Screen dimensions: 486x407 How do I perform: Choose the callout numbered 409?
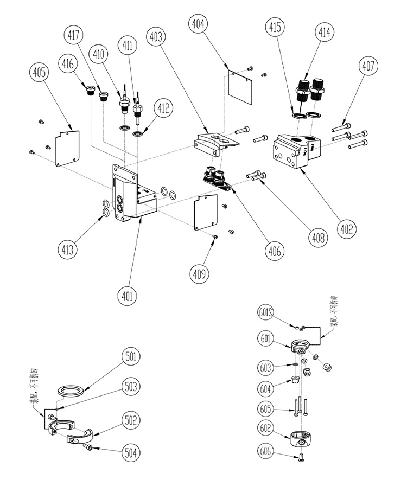pyautogui.click(x=200, y=274)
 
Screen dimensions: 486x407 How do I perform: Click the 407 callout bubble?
pyautogui.click(x=367, y=67)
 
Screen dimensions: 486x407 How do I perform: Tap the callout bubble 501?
pyautogui.click(x=131, y=357)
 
